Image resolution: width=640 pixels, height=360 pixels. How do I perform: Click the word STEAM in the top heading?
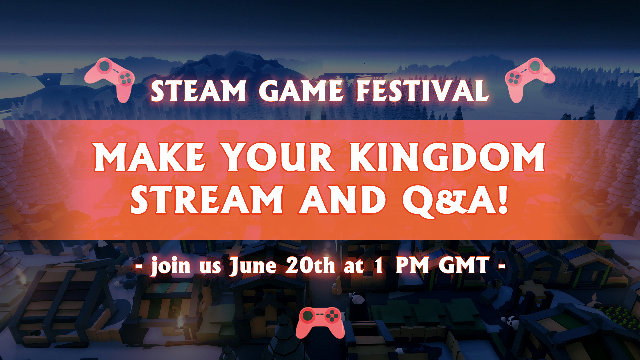[198, 91]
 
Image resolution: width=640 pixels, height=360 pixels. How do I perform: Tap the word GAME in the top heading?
[301, 91]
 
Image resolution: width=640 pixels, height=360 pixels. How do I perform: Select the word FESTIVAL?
[423, 91]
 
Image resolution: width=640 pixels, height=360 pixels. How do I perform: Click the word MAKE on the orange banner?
[150, 157]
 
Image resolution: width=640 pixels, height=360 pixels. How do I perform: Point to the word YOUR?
[278, 157]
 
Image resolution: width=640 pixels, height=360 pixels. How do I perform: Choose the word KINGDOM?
[447, 157]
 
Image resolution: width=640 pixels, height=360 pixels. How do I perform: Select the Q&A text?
[448, 201]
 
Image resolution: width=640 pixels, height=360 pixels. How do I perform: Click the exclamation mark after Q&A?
[503, 199]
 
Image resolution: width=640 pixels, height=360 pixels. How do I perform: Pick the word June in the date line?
[253, 266]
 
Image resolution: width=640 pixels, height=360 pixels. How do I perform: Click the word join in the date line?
[171, 266]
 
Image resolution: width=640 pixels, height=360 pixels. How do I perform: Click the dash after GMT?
[501, 266]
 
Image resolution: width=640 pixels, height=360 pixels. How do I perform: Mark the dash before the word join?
[139, 266]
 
